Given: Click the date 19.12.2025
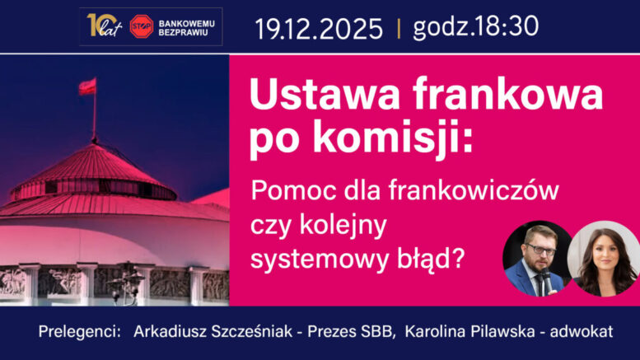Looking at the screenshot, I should click(x=319, y=29).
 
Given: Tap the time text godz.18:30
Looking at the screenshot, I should click(x=475, y=27).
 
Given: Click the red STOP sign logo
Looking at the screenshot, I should click(x=142, y=26).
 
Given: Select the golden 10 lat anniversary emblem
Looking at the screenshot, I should click(x=103, y=26).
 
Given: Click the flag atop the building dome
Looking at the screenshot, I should click(x=87, y=86).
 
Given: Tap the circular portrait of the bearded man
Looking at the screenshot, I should click(x=538, y=259).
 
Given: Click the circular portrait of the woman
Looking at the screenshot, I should click(x=604, y=259).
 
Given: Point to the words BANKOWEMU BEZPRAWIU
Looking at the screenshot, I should click(x=189, y=26).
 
